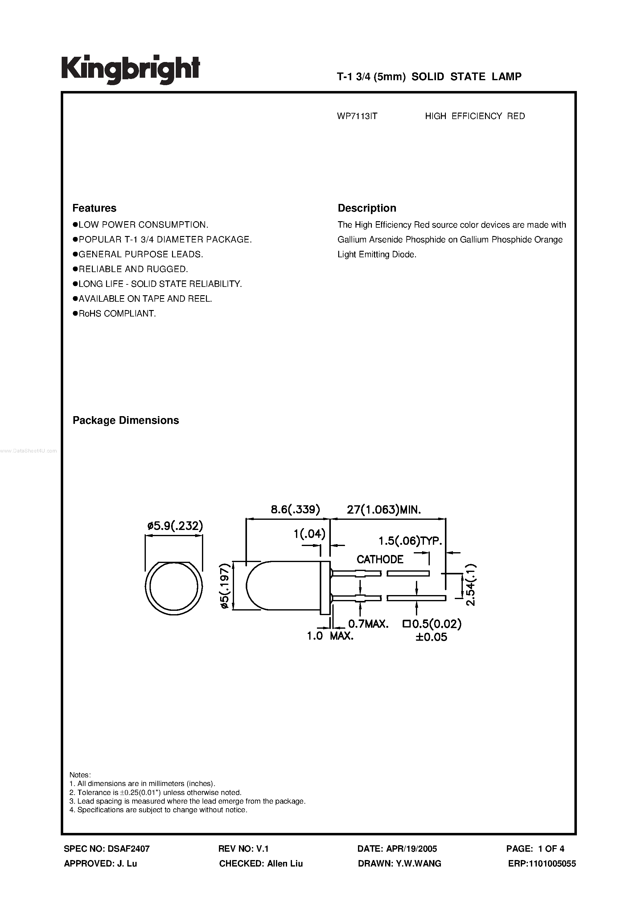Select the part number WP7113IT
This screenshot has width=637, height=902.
point(357,116)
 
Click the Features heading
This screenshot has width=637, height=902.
point(94,208)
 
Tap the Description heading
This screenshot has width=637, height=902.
point(367,208)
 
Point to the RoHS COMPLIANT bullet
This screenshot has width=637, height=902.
point(117,313)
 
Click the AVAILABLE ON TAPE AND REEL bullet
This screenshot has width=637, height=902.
point(145,299)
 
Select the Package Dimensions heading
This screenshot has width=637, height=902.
point(126,420)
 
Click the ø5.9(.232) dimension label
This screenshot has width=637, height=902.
point(175,526)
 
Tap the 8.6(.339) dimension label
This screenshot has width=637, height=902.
point(295,510)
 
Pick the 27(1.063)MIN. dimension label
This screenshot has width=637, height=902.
point(384,510)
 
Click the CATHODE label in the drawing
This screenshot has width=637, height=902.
point(380,559)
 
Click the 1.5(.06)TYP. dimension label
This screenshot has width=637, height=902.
point(410,541)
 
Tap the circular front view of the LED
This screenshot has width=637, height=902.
point(174,588)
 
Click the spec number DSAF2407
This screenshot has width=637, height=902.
point(128,849)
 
